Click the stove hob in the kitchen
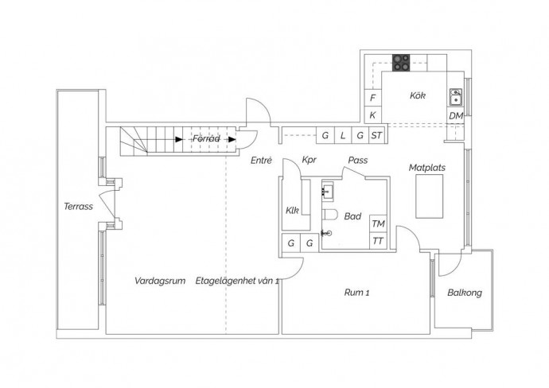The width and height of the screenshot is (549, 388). click(x=401, y=63)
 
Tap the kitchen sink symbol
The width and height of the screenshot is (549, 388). click(x=456, y=97)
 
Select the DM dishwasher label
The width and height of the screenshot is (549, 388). click(x=456, y=116)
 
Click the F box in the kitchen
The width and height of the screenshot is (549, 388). click(x=372, y=98)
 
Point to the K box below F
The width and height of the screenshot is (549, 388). click(x=372, y=114)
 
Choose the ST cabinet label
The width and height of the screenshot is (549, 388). click(x=376, y=135)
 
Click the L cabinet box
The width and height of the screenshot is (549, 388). click(x=343, y=135)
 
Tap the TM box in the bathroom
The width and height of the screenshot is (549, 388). click(x=378, y=223)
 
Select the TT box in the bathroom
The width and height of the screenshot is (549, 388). click(x=378, y=241)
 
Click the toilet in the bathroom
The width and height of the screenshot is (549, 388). click(x=329, y=215)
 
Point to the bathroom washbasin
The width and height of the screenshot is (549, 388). click(x=328, y=191)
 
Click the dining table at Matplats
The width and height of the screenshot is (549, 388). click(x=430, y=196)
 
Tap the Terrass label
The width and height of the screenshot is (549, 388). click(x=78, y=207)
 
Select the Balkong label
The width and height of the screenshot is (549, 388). click(x=465, y=293)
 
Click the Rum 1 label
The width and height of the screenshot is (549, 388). click(x=356, y=293)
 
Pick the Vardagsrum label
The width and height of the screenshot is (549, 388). click(x=160, y=281)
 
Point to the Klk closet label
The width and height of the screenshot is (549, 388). click(x=292, y=210)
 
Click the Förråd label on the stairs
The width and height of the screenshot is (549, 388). click(x=206, y=138)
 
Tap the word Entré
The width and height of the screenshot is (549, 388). click(x=261, y=161)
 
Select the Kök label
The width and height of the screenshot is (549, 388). click(x=418, y=95)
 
